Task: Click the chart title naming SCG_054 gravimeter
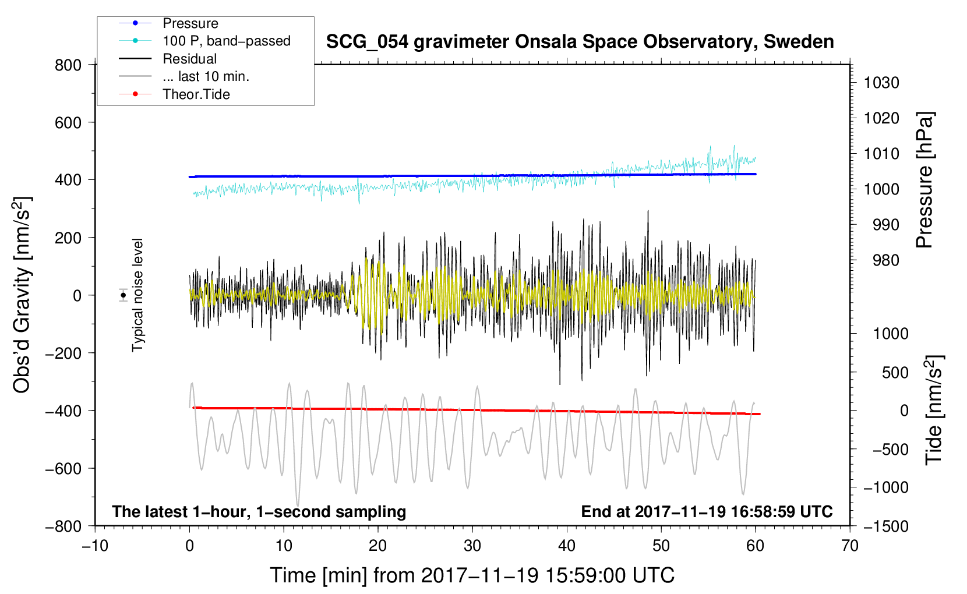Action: (x=580, y=42)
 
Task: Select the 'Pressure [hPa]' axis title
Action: (x=924, y=180)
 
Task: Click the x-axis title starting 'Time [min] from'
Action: (x=472, y=576)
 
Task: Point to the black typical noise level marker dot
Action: (x=123, y=295)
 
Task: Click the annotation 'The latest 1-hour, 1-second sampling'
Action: (x=259, y=511)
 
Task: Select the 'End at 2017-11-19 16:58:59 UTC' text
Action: (x=707, y=511)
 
